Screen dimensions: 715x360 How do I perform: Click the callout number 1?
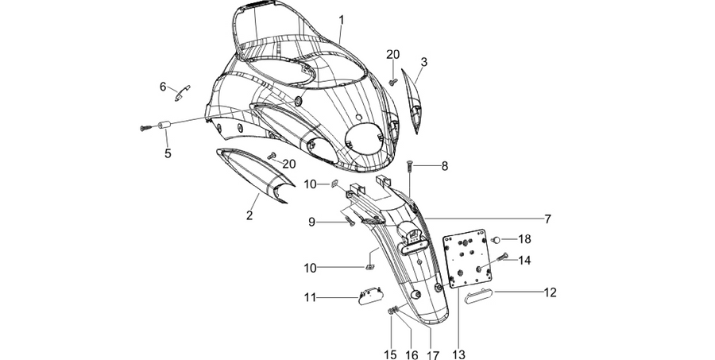[x=341, y=20]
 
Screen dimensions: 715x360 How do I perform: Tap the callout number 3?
[x=424, y=62]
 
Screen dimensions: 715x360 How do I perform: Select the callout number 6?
[x=163, y=87]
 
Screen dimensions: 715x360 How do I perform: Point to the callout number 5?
[x=168, y=153]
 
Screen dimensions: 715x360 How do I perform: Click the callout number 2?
[x=249, y=215]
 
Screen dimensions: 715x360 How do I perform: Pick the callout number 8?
[x=445, y=166]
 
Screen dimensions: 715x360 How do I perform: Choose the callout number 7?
[x=547, y=219]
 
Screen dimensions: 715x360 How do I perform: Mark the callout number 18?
[x=524, y=239]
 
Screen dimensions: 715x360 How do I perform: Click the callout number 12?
[x=551, y=292]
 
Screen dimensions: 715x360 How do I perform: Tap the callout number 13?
[x=458, y=354]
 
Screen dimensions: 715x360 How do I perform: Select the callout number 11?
[x=310, y=298]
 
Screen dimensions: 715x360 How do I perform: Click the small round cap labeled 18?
[x=497, y=239]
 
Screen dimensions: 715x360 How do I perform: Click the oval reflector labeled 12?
[x=477, y=298]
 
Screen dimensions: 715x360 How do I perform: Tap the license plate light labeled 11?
[x=369, y=296]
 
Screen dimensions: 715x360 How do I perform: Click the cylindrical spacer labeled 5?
[x=164, y=125]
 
